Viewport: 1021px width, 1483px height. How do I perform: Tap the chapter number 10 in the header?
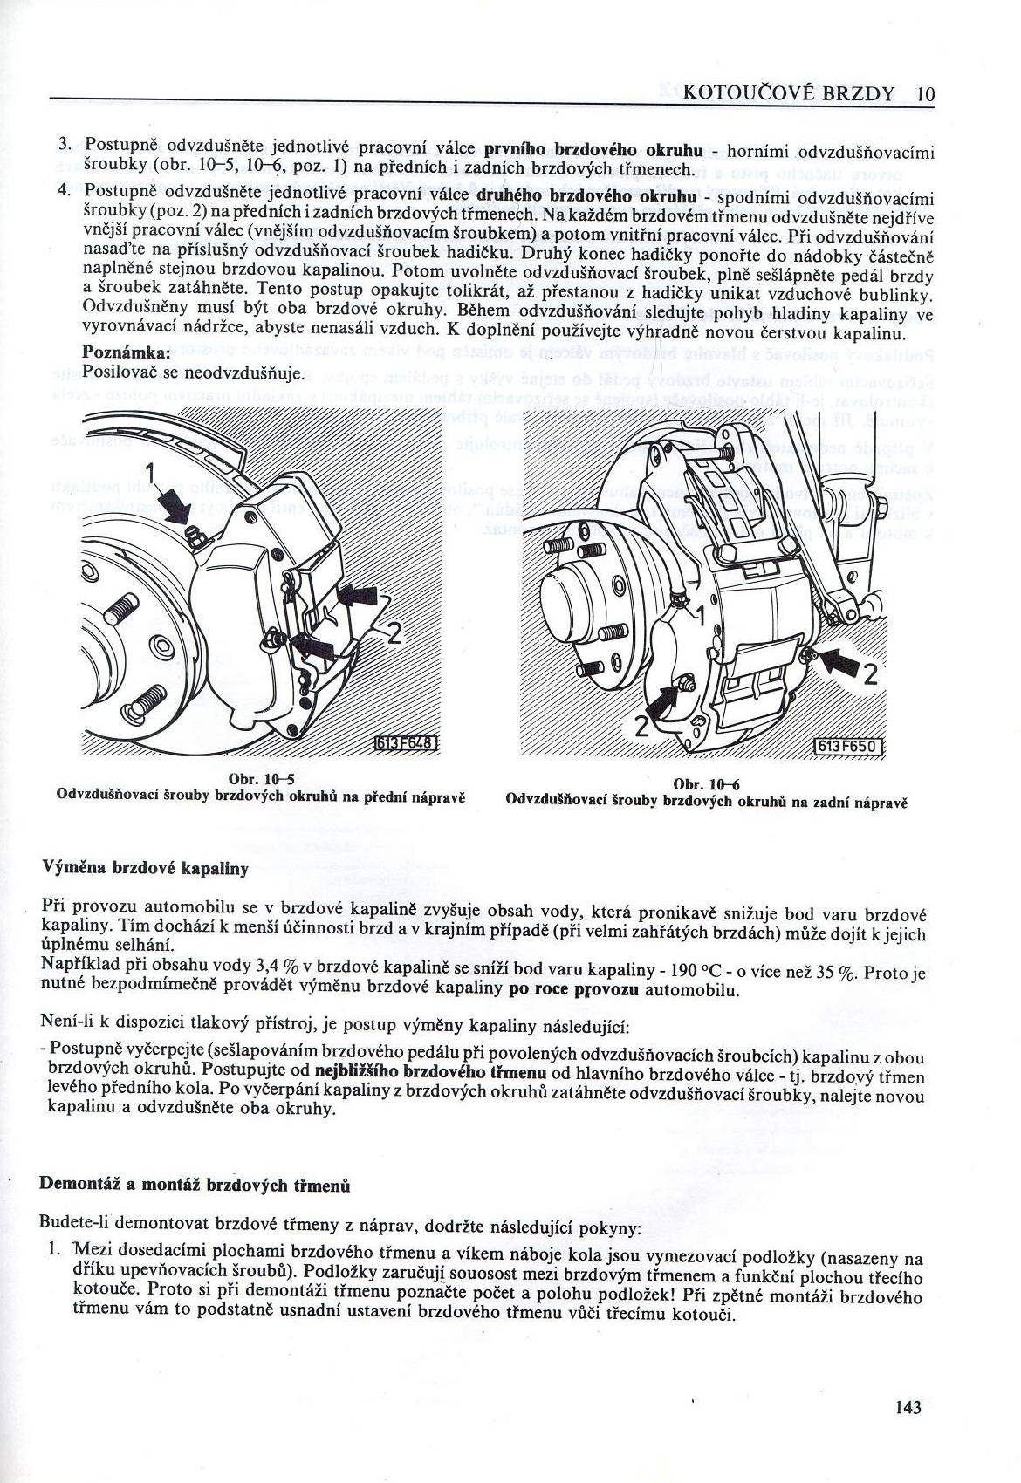[x=925, y=94]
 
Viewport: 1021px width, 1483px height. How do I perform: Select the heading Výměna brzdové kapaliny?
[x=144, y=868]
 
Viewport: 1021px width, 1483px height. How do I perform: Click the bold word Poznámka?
[x=126, y=352]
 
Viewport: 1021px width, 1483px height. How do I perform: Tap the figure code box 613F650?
[x=847, y=747]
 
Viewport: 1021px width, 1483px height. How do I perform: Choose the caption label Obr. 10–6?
[x=707, y=785]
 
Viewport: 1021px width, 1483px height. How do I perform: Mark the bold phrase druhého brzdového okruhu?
[x=586, y=197]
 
